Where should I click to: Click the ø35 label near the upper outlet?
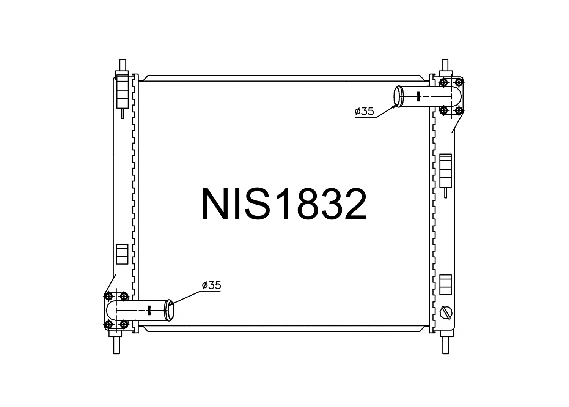tap(364, 111)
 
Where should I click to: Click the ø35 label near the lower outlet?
tap(211, 285)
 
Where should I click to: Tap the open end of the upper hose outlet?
tap(398, 96)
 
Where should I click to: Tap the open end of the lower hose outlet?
tap(170, 311)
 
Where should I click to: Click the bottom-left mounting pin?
tap(116, 344)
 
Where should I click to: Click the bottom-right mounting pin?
tap(445, 344)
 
